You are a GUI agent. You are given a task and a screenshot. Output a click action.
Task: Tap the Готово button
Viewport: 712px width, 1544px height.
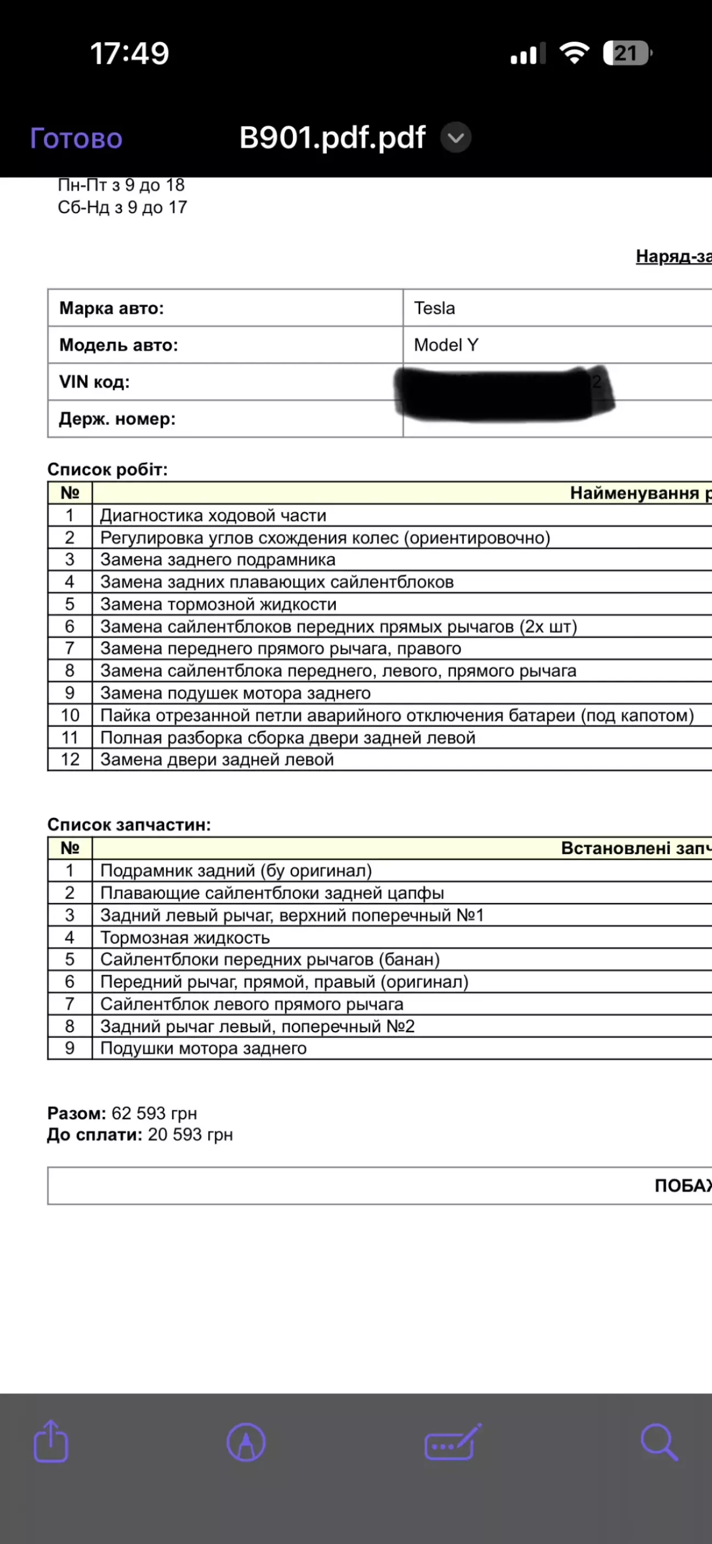click(76, 139)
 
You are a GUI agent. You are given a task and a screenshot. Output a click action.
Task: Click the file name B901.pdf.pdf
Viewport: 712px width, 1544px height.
click(332, 138)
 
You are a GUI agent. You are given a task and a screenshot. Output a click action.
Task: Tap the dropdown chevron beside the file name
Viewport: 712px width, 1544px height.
click(456, 138)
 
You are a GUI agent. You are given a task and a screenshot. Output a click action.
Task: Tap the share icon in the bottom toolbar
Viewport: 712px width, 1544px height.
click(51, 1442)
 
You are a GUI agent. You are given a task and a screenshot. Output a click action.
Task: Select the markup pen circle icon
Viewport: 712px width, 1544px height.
click(246, 1443)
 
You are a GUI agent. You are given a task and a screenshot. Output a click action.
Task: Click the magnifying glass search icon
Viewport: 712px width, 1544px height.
click(659, 1442)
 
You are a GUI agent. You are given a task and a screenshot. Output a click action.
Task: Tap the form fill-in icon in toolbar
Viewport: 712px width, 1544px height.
click(453, 1443)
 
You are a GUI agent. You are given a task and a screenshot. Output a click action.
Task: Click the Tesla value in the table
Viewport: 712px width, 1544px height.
click(435, 308)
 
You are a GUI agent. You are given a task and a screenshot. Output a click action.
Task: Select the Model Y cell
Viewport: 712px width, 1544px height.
click(446, 345)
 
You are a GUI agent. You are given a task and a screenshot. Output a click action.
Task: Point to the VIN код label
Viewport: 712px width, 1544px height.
click(94, 382)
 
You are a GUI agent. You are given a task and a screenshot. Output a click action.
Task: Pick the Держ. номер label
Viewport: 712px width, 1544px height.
click(117, 419)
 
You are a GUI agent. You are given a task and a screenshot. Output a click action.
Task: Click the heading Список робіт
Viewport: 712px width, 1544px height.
click(107, 469)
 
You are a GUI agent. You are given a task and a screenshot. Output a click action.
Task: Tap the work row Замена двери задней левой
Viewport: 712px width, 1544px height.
click(217, 760)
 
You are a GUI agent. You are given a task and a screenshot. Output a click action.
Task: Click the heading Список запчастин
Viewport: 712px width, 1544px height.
click(129, 824)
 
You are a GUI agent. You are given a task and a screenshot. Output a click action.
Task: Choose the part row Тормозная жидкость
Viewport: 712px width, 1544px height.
click(185, 937)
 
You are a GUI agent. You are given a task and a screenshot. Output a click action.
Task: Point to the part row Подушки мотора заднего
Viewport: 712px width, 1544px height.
click(203, 1048)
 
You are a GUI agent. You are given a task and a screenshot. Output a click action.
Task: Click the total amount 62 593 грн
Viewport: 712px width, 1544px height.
click(154, 1113)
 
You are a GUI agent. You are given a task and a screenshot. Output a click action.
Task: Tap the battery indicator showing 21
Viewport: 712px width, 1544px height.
click(627, 53)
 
